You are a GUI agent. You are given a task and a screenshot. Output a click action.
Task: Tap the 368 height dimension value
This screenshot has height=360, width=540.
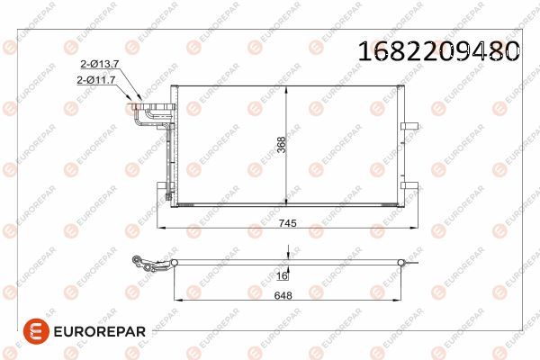tap(281, 147)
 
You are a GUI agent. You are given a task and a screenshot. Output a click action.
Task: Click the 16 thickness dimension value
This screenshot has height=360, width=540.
tap(281, 276)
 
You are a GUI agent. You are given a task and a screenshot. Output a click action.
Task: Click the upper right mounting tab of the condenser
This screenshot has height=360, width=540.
tap(409, 124)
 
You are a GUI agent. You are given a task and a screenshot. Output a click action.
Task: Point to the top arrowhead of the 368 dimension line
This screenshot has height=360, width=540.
tap(286, 88)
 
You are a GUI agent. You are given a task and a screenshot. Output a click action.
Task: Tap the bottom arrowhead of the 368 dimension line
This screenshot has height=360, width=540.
tap(286, 203)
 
